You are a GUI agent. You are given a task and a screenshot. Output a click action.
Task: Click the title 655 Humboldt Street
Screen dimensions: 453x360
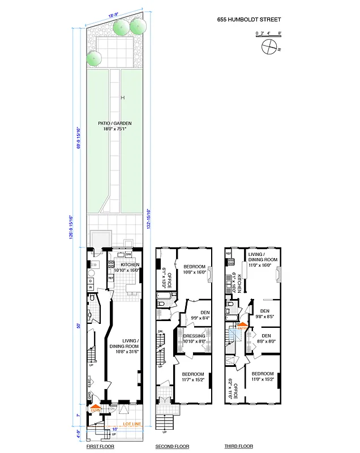pyautogui.click(x=248, y=19)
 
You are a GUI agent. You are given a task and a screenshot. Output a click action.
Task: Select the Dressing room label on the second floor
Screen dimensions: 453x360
pyautogui.click(x=194, y=339)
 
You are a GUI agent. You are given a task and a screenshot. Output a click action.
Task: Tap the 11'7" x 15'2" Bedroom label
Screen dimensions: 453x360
pyautogui.click(x=195, y=377)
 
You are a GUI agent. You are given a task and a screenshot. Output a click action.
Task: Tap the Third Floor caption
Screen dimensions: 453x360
pyautogui.click(x=238, y=447)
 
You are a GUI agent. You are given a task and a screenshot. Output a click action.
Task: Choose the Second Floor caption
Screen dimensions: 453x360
pyautogui.click(x=172, y=447)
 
